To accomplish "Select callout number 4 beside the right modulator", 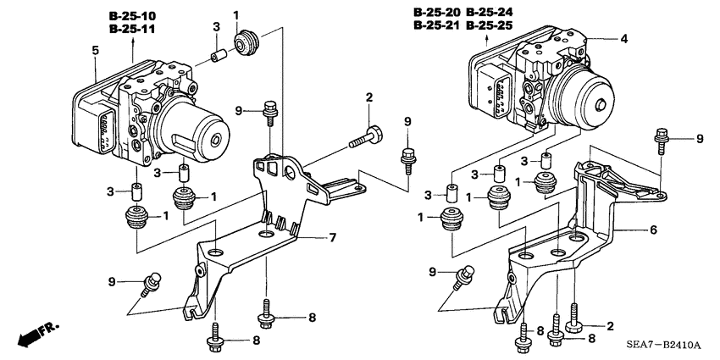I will [623, 39].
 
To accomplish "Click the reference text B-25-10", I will [132, 16].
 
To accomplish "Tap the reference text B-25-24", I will [490, 13].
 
